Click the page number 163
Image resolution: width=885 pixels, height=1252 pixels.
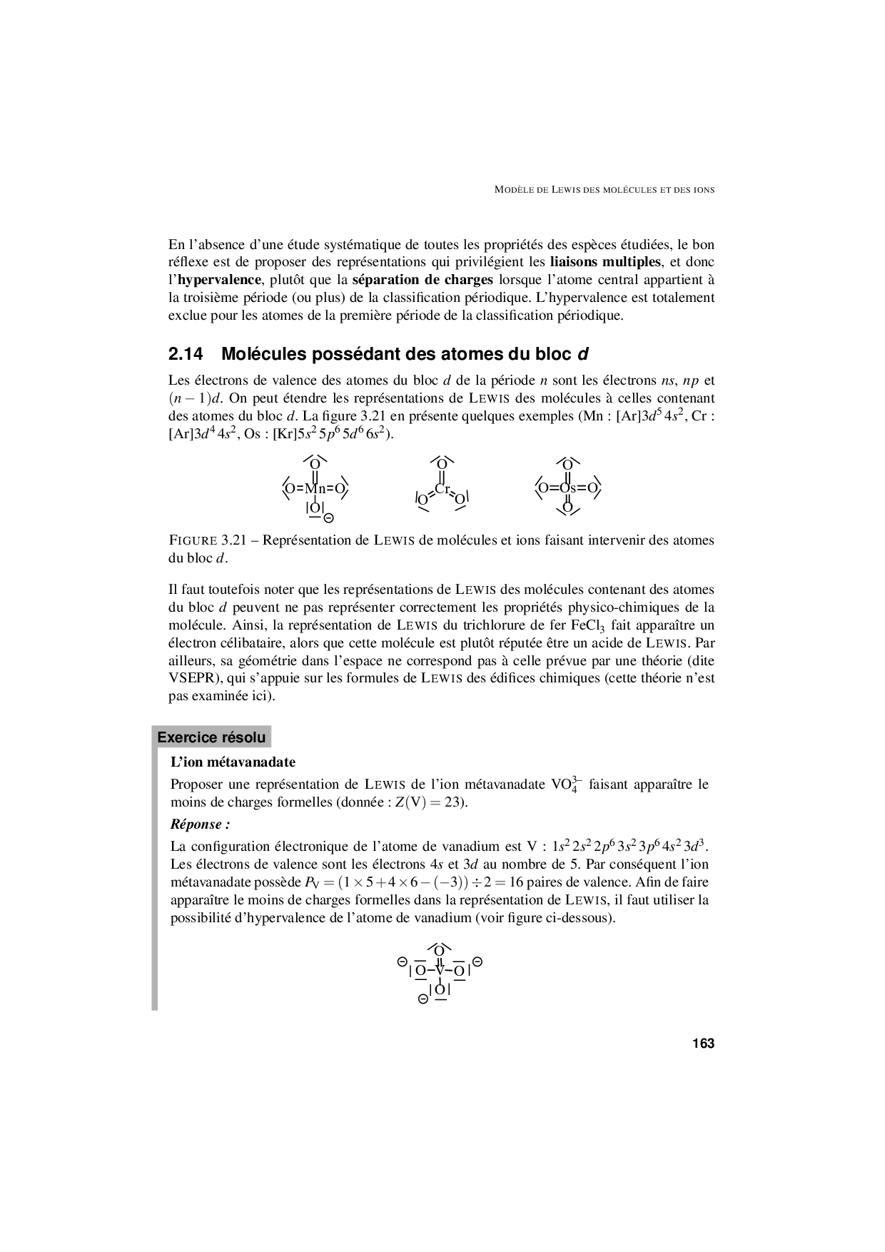pyautogui.click(x=702, y=1044)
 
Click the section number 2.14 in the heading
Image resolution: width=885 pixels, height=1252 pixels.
pyautogui.click(x=186, y=354)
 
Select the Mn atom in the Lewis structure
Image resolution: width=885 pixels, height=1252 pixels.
pyautogui.click(x=315, y=489)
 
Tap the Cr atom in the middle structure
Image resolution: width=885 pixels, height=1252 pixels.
pyautogui.click(x=442, y=489)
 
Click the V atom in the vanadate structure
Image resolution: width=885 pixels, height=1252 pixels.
pyautogui.click(x=440, y=970)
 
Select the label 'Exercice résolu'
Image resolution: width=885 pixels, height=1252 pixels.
pyautogui.click(x=211, y=737)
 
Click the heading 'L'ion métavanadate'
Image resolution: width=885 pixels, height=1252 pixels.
pyautogui.click(x=233, y=762)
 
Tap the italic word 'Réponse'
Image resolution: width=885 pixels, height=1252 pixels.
pyautogui.click(x=197, y=824)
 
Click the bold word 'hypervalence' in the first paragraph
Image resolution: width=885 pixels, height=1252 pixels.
pyautogui.click(x=219, y=280)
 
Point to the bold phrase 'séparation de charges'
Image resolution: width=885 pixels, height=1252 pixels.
pyautogui.click(x=423, y=280)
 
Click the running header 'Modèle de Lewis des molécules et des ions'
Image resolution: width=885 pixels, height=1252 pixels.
pyautogui.click(x=605, y=190)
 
